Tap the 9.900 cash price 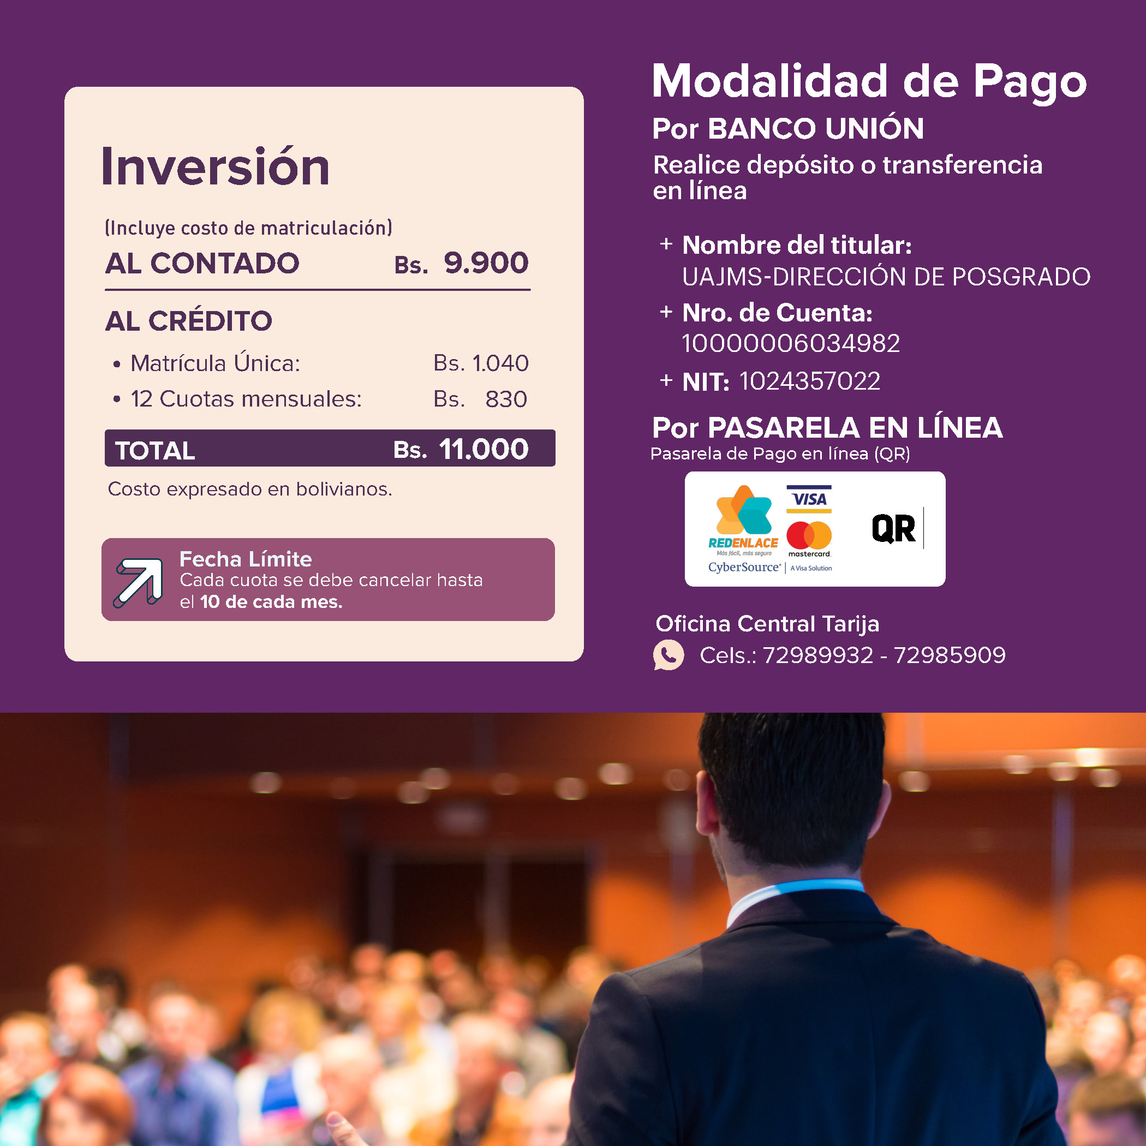pos(486,263)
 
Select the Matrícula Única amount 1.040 pos(500,363)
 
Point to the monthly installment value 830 pos(506,399)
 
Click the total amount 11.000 pos(484,449)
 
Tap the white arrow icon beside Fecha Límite pos(139,582)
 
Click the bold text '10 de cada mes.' pos(271,602)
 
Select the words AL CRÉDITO pos(189,321)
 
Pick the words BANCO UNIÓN pos(816,128)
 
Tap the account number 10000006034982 pos(791,343)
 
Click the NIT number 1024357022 pos(810,381)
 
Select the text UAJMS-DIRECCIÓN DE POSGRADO pos(886,277)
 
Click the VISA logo pos(809,499)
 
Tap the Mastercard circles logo pos(809,535)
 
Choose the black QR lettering pos(893,528)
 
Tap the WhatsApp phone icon pos(668,655)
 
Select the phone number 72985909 pos(950,655)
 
